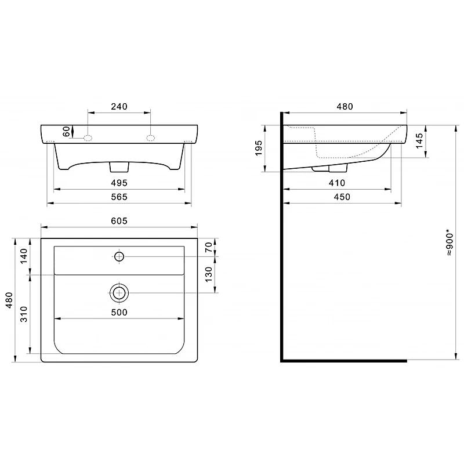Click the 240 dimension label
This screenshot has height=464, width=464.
[119, 107]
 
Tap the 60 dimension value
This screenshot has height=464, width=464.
[67, 131]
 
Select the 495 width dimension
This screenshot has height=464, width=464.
[119, 183]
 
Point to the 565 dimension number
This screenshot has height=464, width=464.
[119, 197]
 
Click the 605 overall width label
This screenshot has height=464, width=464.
[119, 221]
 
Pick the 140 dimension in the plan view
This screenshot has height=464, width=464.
[24, 256]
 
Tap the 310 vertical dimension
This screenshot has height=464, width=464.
[24, 314]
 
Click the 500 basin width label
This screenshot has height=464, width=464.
[119, 312]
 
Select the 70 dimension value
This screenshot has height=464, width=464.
[209, 247]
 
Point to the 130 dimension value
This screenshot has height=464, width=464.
[209, 274]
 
